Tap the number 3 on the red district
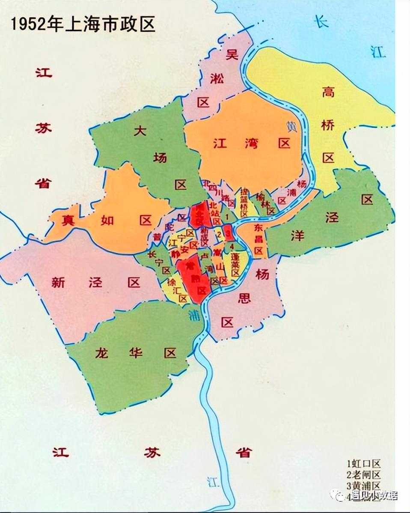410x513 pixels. pyautogui.click(x=228, y=234)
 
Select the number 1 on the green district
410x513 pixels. pyautogui.click(x=227, y=218)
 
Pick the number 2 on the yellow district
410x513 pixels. pyautogui.click(x=219, y=234)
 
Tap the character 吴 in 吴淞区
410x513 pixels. pyautogui.click(x=232, y=55)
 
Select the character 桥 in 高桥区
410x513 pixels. pyautogui.click(x=328, y=125)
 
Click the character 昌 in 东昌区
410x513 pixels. pyautogui.click(x=258, y=239)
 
